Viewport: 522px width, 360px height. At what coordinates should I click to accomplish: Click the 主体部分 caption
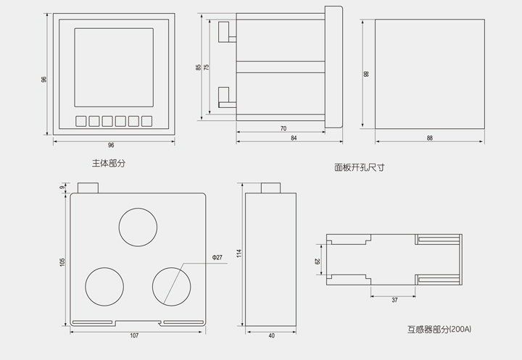109,164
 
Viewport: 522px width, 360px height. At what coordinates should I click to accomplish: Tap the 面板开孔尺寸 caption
359,167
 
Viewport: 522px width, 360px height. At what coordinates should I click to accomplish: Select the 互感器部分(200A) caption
439,330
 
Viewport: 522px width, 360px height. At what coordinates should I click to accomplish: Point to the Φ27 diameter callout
217,257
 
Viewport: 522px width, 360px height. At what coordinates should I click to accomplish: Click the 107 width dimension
134,335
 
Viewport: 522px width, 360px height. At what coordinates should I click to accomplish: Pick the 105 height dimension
62,261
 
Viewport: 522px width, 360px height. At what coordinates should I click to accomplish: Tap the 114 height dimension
239,254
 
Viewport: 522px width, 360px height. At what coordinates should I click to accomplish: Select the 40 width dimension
272,335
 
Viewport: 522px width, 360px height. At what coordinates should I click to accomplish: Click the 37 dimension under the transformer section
394,300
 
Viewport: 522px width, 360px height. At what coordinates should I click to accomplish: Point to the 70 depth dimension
283,128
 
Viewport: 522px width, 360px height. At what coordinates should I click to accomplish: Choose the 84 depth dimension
294,138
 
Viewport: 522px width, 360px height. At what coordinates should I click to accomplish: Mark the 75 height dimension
207,67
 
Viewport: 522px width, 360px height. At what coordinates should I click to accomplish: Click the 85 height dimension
199,67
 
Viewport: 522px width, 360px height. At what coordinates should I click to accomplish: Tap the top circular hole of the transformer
138,227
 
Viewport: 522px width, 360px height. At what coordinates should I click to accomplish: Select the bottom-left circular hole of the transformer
104,286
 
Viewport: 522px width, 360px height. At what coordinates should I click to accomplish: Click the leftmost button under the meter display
81,121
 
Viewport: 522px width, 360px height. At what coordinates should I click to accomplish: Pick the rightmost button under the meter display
146,121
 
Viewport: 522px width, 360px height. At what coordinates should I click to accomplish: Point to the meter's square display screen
114,67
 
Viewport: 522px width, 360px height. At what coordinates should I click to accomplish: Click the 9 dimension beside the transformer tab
62,188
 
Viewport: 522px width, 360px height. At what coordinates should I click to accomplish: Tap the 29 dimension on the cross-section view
318,261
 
